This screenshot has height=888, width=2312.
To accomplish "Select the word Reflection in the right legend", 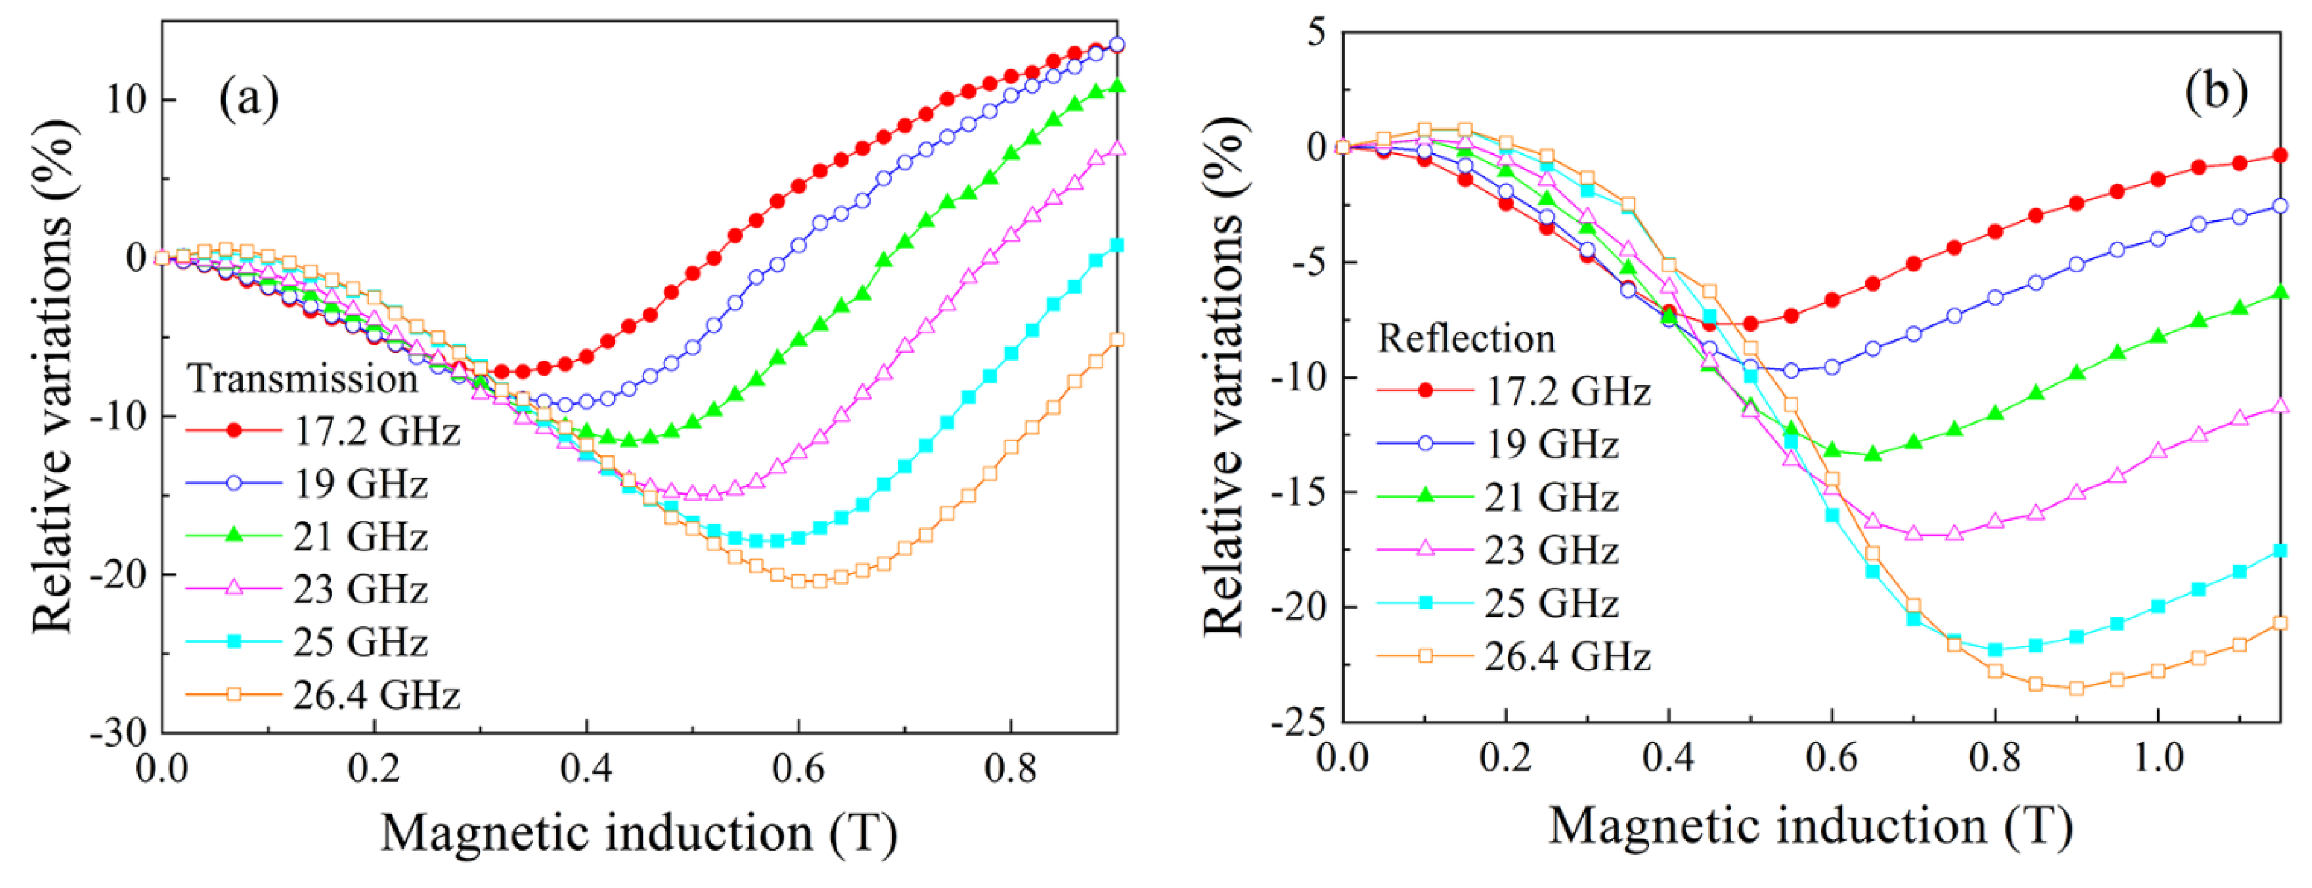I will (1466, 338).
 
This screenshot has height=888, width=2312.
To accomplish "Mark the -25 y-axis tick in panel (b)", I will (1299, 721).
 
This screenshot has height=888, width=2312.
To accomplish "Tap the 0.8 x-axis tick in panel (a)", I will (1011, 770).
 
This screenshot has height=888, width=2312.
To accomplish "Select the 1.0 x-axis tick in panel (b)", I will (2157, 759).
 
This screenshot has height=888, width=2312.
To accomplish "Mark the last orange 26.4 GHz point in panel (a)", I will (1117, 339).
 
